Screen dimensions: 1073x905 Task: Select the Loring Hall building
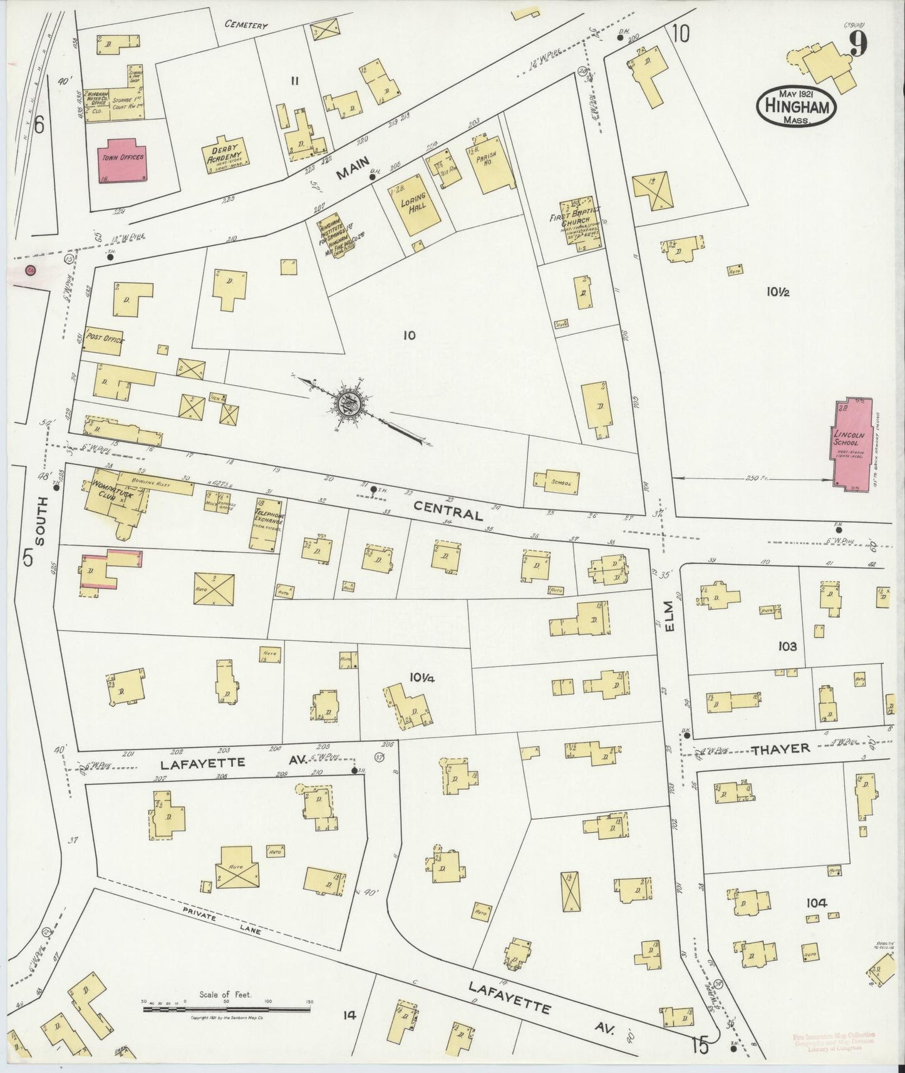click(415, 208)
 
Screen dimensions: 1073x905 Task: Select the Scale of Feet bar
click(229, 1009)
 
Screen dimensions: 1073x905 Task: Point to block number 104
click(817, 903)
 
